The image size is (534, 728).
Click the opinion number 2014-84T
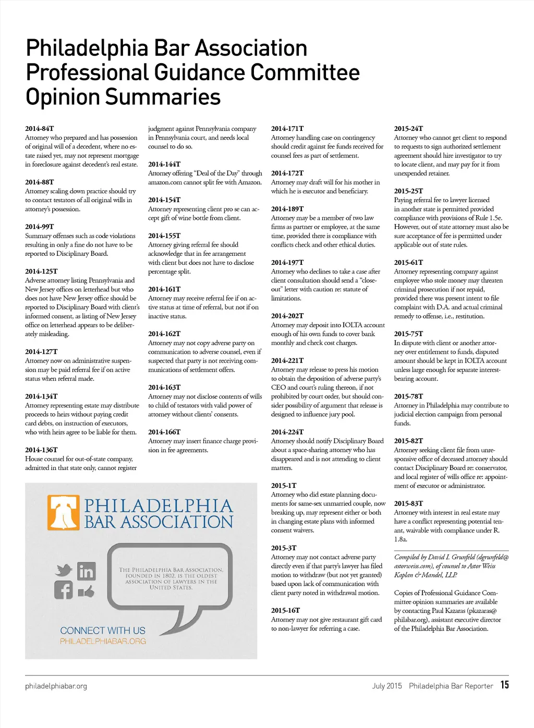pos(40,128)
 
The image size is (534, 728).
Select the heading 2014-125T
pos(41,271)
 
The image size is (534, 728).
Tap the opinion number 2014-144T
pos(164,164)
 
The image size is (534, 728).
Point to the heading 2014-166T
pos(164,432)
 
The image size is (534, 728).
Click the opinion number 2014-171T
pos(287,128)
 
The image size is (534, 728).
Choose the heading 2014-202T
pos(287,316)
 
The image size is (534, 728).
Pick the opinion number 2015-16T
pos(286,610)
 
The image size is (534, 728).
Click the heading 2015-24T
pos(409,128)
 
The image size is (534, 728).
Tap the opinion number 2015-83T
pos(409,503)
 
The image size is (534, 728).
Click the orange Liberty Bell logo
pos(64,513)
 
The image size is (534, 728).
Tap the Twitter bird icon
pos(64,570)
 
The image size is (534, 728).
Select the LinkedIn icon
pos(87,572)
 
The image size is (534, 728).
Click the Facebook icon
pos(64,590)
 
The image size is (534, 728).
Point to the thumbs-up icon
pos(87,591)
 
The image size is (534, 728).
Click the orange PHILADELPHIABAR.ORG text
pos(103,641)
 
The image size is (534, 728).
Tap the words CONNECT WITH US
pos(103,631)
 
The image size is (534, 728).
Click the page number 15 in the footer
pos(505,685)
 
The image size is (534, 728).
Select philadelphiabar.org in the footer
pos(56,686)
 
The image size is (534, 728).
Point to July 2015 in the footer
pos(387,686)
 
